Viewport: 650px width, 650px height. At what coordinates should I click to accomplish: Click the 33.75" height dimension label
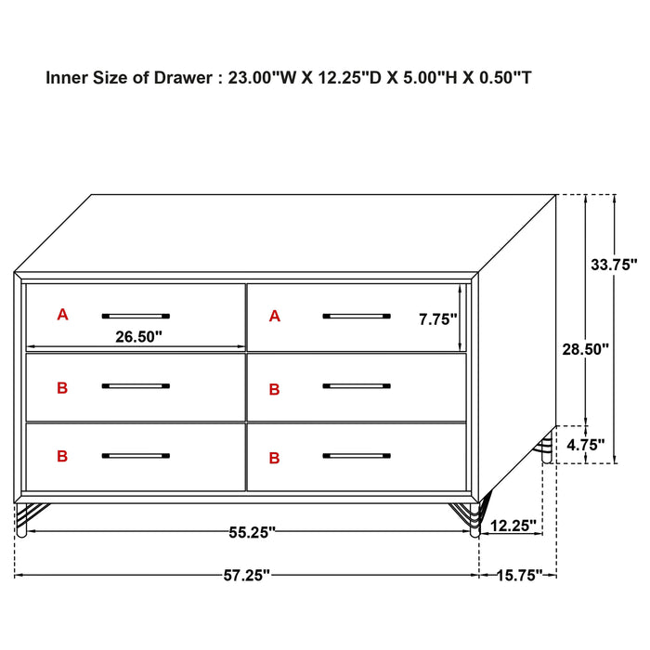(x=615, y=264)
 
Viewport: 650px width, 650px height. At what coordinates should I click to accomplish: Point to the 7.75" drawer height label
(x=438, y=319)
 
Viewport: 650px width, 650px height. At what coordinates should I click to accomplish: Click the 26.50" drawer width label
(x=138, y=337)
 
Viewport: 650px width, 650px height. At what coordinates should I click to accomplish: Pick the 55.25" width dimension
(x=251, y=532)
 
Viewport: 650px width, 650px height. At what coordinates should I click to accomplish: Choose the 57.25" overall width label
(x=246, y=576)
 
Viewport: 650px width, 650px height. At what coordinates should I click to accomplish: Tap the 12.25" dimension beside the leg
(x=513, y=526)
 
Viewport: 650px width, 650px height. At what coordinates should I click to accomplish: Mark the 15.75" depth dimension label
(x=516, y=576)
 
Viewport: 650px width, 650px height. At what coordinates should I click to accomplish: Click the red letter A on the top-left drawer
(x=62, y=315)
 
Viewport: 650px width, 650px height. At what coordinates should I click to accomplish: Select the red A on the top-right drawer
(x=274, y=317)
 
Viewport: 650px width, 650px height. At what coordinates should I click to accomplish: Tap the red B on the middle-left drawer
(x=62, y=388)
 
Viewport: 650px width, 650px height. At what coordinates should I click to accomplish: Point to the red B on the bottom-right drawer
(x=274, y=458)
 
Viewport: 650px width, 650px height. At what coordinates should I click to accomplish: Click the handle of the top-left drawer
(x=136, y=316)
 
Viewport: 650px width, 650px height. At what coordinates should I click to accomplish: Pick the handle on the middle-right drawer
(x=357, y=385)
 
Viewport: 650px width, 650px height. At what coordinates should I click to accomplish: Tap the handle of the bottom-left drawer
(x=136, y=456)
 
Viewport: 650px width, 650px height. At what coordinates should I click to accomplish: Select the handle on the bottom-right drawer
(x=357, y=456)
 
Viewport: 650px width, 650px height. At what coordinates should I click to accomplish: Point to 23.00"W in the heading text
(x=264, y=78)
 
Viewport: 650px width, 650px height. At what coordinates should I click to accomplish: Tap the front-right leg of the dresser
(x=474, y=520)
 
